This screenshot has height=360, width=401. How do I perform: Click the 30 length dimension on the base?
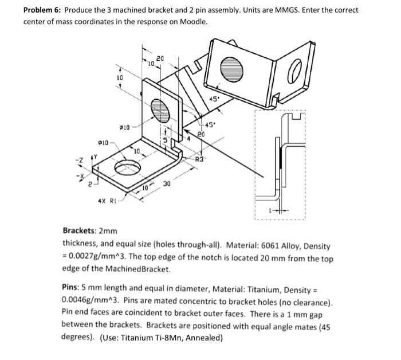166,183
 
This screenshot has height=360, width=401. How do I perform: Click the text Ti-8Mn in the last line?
168,337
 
